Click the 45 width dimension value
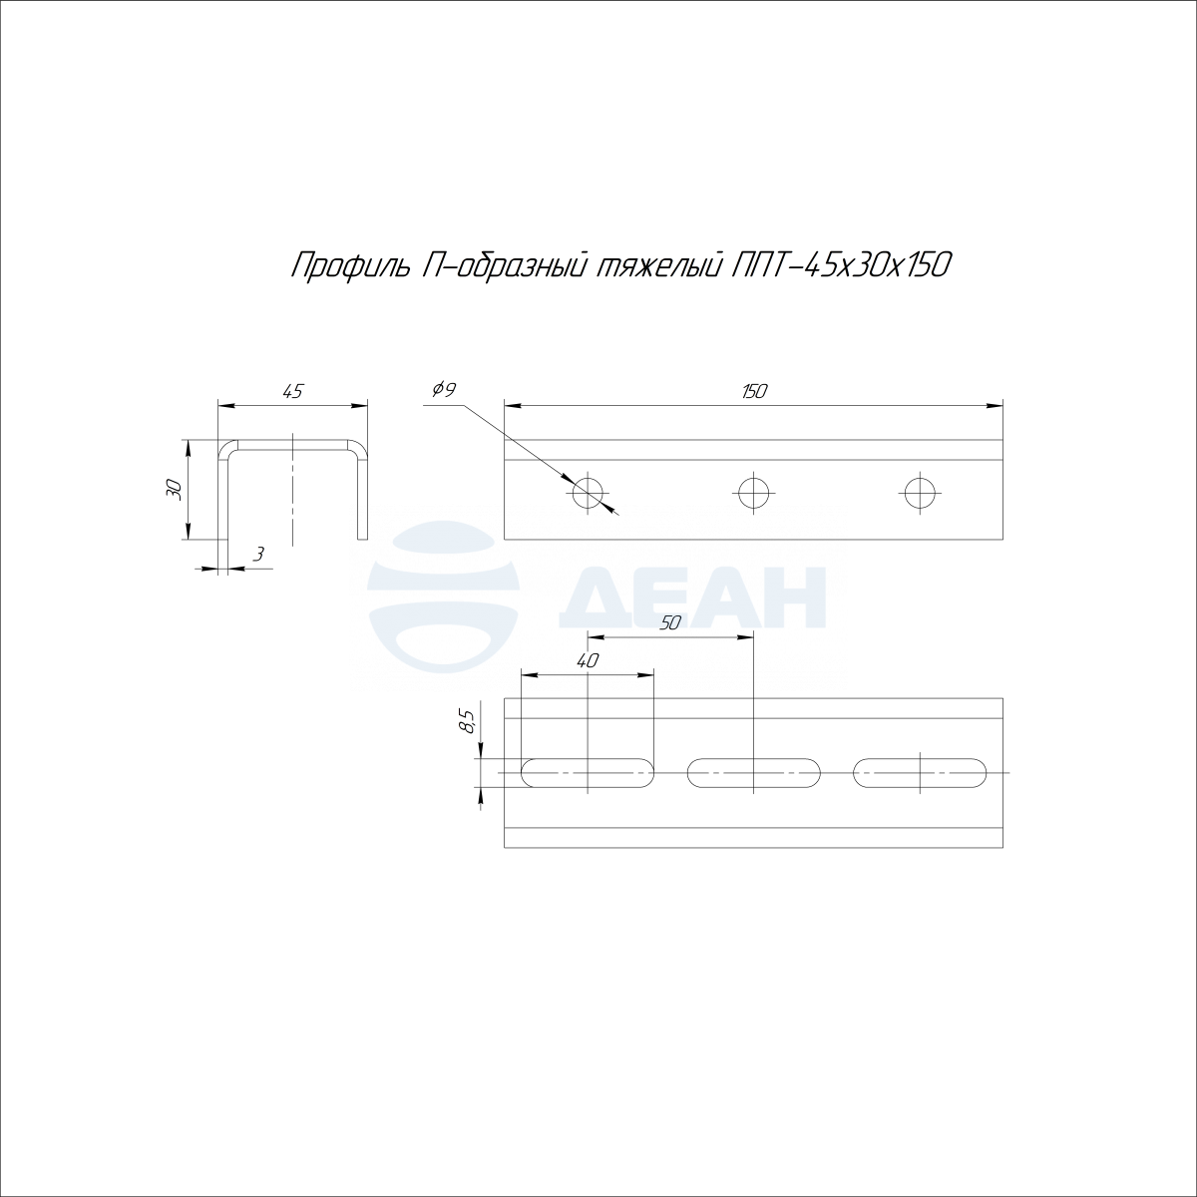click(x=292, y=392)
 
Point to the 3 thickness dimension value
click(x=259, y=554)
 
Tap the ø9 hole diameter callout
click(x=444, y=390)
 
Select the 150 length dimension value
click(x=754, y=391)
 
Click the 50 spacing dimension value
click(x=669, y=622)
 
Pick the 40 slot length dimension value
click(x=587, y=661)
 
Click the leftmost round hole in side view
click(x=588, y=494)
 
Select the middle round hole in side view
click(x=753, y=494)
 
